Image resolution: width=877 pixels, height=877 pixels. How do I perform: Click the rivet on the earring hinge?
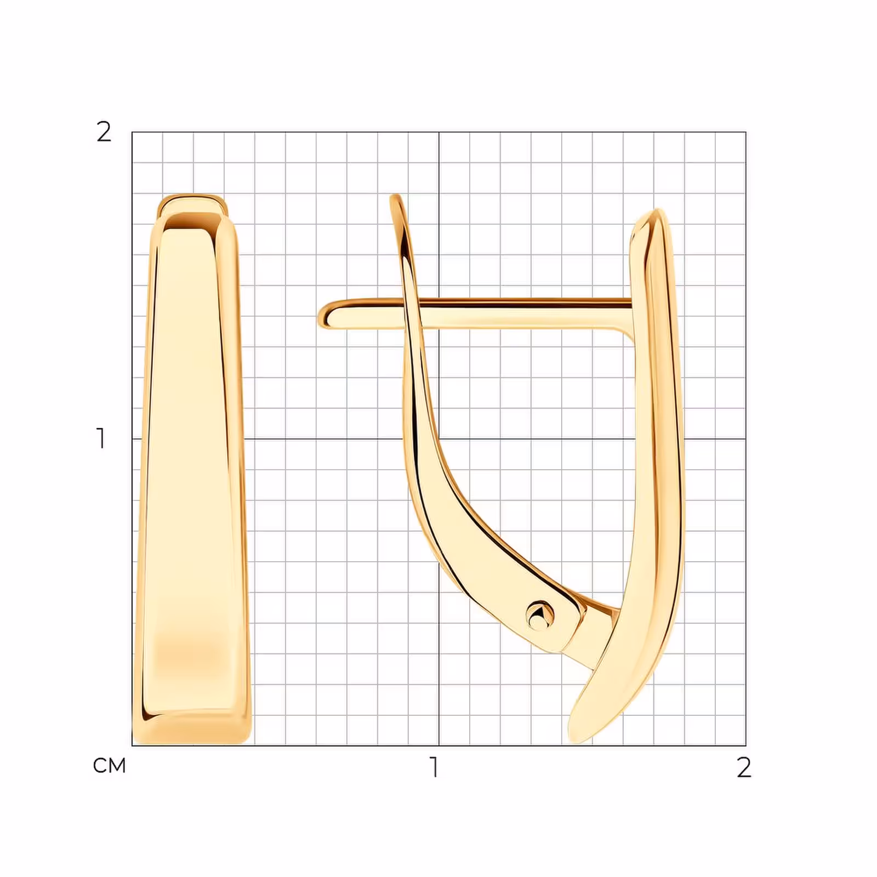pos(540,615)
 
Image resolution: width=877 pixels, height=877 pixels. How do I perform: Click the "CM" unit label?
pos(110,766)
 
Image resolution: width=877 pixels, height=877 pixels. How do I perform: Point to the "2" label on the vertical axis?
pos(104,132)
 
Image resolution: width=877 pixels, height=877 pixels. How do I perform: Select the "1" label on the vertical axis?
pos(101,438)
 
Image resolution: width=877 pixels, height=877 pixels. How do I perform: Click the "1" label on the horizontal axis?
pos(434,767)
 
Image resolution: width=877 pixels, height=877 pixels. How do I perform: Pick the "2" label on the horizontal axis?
pos(744,767)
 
